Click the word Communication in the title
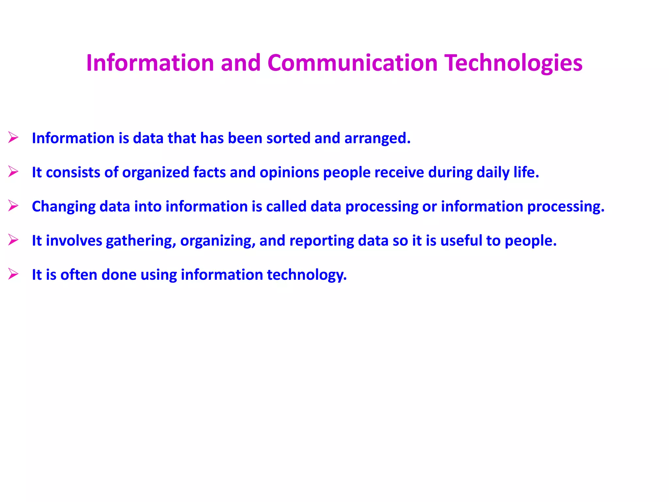coord(352,63)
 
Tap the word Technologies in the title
coord(514,63)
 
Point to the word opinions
coord(289,173)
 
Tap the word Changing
coord(64,207)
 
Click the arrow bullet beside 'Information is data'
coord(13,138)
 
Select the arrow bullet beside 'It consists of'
coord(13,172)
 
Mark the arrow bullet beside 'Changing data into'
coord(13,206)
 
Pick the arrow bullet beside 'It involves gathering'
coord(13,240)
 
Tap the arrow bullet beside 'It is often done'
coord(13,274)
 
